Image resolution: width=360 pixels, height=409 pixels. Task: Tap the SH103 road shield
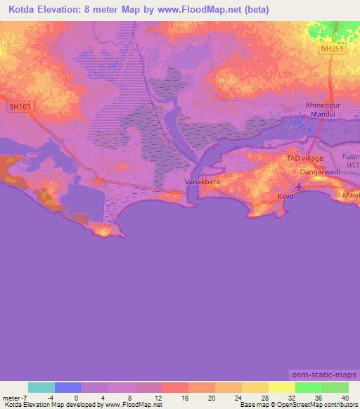20,108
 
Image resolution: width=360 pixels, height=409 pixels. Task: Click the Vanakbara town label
199,182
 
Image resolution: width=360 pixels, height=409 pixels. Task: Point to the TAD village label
304,159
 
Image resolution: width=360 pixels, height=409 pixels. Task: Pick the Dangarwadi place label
319,171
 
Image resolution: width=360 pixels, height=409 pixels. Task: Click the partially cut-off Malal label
350,195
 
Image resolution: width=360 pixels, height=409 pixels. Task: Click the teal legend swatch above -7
41,387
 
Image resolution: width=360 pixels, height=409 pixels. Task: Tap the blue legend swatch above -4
67,387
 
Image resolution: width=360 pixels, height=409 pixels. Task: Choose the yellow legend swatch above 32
281,387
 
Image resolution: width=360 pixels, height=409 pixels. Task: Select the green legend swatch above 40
335,387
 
